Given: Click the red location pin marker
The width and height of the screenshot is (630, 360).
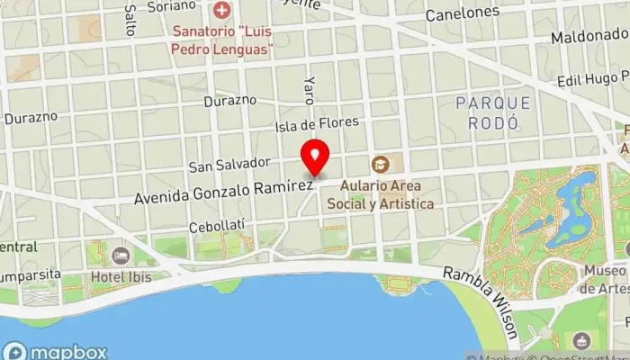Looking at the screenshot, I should click(x=315, y=158).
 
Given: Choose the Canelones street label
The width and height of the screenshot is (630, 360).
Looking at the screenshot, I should click(x=462, y=13).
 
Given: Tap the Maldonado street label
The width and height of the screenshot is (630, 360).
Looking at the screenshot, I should click(x=589, y=39).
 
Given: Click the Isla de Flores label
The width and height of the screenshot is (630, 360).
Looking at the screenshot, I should click(x=317, y=122).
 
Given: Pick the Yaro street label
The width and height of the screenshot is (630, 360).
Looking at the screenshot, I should click(x=309, y=89).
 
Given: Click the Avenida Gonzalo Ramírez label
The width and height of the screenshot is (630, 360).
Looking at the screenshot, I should click(x=223, y=190).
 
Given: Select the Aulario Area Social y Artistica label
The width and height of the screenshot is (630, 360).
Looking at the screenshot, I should click(x=386, y=196).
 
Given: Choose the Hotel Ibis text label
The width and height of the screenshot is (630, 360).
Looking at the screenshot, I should click(x=121, y=277).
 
